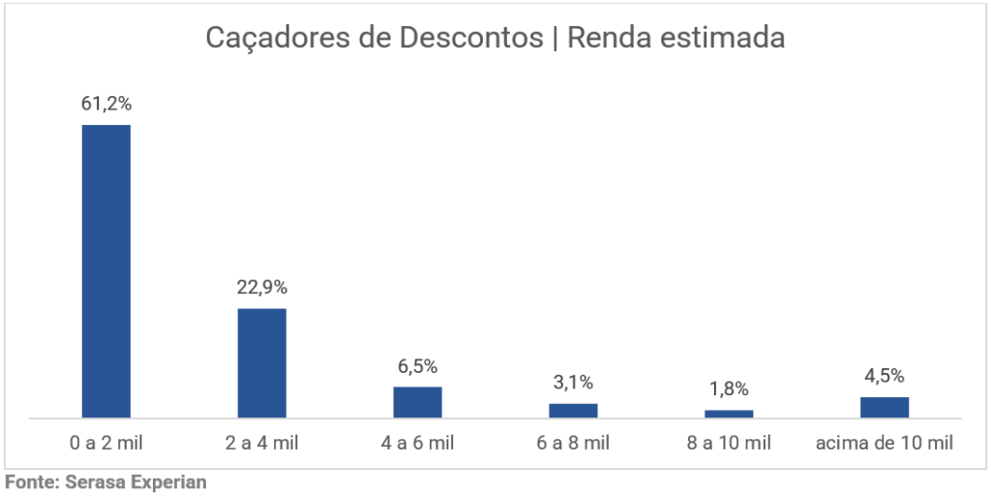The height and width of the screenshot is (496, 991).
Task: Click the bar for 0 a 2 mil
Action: [105, 271]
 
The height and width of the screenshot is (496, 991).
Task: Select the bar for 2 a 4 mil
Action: [261, 363]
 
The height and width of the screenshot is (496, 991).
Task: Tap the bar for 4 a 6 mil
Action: [417, 402]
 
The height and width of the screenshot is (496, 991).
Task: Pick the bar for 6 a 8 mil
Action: [573, 411]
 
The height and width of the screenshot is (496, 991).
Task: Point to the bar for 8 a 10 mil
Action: [729, 414]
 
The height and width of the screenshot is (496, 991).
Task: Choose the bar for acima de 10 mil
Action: [885, 407]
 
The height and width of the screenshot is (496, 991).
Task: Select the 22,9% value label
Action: [261, 288]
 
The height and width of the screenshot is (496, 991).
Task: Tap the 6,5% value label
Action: [417, 366]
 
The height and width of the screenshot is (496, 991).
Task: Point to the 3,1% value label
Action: [573, 383]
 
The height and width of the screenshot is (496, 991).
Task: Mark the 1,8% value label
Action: [729, 389]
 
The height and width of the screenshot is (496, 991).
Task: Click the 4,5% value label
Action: [885, 376]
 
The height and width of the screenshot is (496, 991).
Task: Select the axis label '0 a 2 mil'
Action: [105, 444]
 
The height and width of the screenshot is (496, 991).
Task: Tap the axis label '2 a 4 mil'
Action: [261, 444]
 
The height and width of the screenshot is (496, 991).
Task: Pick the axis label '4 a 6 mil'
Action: [417, 444]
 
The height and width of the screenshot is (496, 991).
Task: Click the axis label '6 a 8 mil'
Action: [573, 444]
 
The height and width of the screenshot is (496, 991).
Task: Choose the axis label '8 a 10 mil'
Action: [729, 444]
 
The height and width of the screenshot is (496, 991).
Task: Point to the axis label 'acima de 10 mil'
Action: [885, 444]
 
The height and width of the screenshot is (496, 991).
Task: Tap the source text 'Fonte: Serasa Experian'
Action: [106, 481]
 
